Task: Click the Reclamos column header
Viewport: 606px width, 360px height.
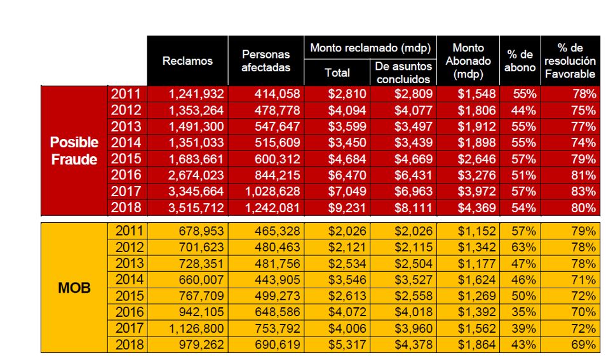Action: tap(187, 61)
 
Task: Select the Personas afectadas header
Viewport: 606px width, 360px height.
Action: tap(266, 61)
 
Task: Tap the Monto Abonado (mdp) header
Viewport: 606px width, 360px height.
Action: tap(468, 61)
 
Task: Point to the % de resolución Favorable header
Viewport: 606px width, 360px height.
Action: tap(570, 61)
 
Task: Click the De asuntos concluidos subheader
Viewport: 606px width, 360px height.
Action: tap(403, 72)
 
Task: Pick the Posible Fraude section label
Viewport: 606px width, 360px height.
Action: tap(74, 150)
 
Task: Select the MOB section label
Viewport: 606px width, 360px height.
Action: tap(74, 288)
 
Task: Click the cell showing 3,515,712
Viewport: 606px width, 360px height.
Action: tap(196, 208)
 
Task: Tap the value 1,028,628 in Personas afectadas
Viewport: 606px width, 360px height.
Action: tap(273, 192)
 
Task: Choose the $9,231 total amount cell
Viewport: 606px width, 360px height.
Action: tap(347, 208)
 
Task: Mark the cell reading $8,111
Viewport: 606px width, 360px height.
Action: tap(414, 208)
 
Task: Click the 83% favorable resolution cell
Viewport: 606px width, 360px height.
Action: tap(584, 192)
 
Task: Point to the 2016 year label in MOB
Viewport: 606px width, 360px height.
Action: tap(130, 312)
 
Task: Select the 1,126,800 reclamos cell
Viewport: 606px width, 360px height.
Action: tap(196, 328)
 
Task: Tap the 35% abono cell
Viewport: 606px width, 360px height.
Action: tap(523, 312)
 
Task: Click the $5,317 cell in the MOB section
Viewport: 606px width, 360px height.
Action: tap(347, 345)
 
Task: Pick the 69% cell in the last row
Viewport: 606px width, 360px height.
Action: tap(584, 345)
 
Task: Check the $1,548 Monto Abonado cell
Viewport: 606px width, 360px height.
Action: tap(477, 94)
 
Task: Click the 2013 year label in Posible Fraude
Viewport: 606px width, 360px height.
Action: tap(126, 127)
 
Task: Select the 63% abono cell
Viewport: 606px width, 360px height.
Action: tap(523, 247)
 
